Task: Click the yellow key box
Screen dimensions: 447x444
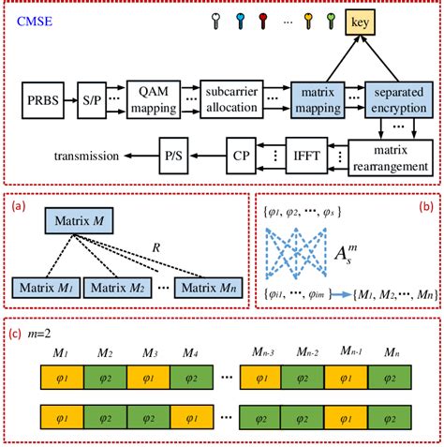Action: tap(387, 22)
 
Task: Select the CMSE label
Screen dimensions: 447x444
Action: tap(39, 20)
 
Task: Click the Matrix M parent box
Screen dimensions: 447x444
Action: tap(81, 224)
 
